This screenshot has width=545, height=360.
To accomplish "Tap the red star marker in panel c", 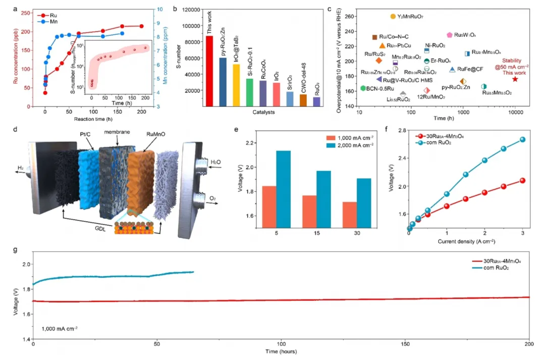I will (515, 79).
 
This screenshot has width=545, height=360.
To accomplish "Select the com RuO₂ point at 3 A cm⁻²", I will (522, 139).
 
